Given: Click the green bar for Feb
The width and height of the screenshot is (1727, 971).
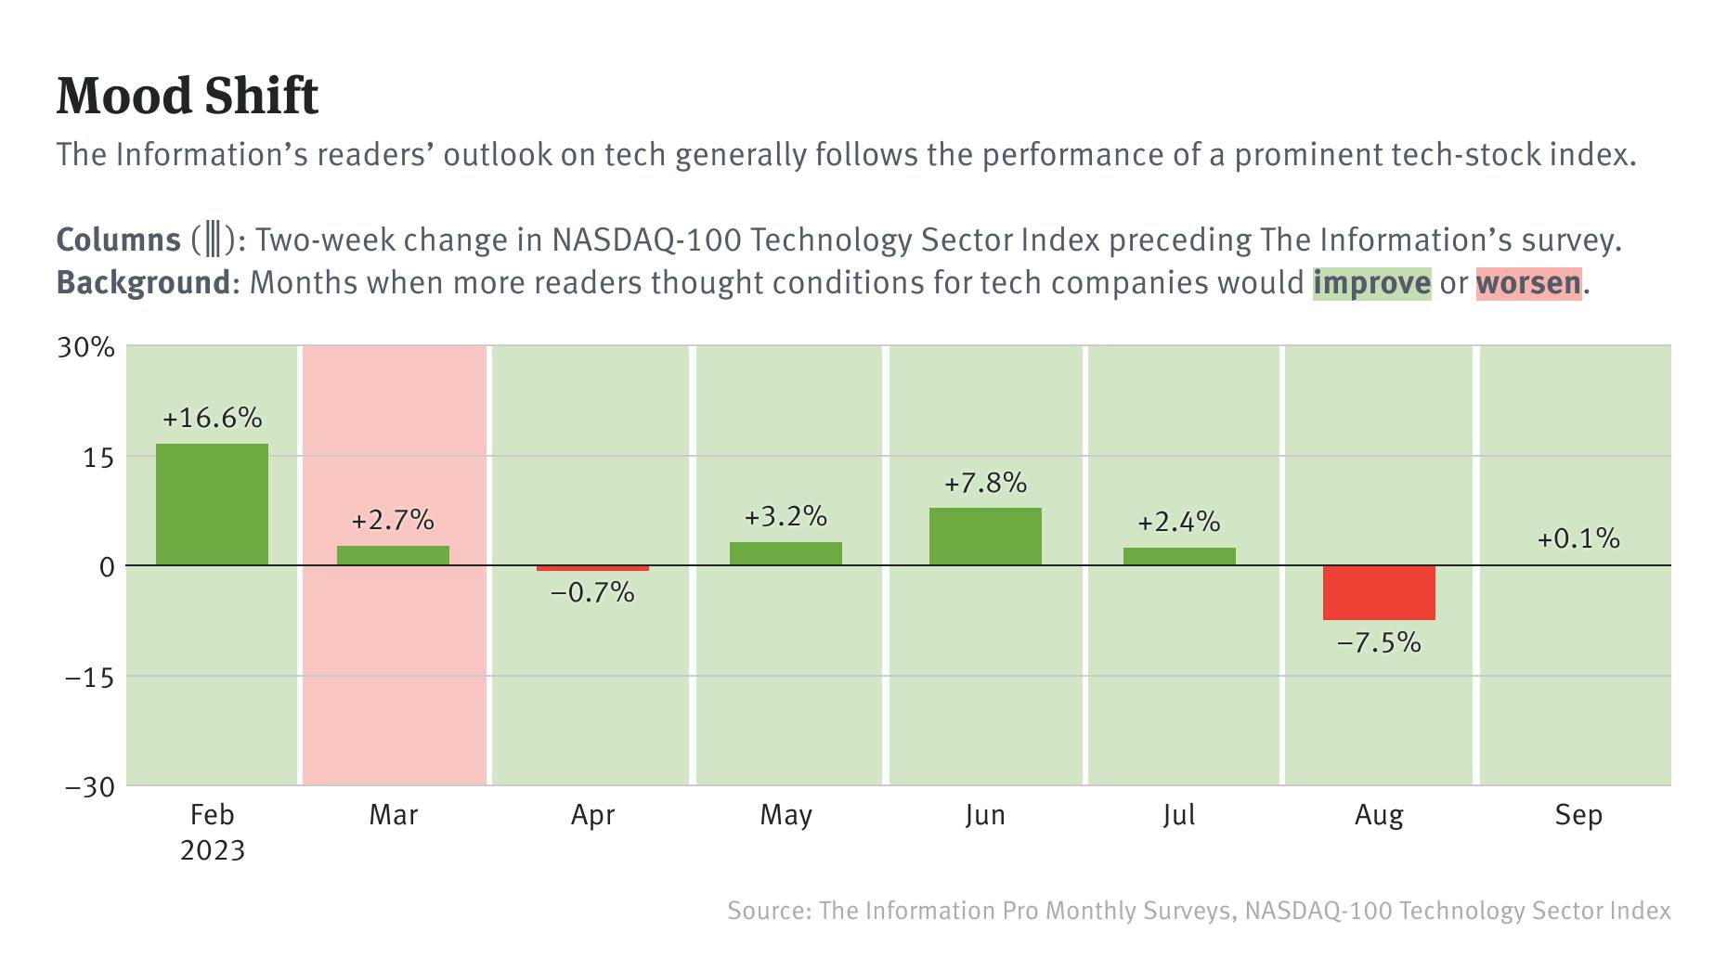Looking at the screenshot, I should (212, 504).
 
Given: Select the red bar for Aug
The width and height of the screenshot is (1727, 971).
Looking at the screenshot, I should (1379, 593).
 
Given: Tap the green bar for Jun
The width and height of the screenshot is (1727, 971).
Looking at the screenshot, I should (985, 537).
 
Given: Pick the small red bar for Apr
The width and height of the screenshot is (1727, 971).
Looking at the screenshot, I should (592, 568).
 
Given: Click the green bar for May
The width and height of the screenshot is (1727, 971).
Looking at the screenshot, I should (786, 553).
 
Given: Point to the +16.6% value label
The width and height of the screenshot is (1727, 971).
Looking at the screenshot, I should (212, 418).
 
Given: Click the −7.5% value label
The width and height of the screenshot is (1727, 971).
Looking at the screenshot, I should (1379, 642).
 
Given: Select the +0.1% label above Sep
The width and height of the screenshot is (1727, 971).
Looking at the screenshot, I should (1578, 538).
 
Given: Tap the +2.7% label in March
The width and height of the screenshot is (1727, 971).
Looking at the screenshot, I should (393, 520).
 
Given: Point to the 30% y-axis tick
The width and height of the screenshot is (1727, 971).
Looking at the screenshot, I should (86, 348).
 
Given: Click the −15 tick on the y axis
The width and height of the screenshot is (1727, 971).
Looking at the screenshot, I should (89, 678).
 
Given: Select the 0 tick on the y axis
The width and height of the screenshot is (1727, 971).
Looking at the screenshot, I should (106, 567).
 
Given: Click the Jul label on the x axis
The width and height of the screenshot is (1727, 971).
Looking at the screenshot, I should (1178, 815).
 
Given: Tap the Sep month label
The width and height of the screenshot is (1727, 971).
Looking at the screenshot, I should (1578, 815).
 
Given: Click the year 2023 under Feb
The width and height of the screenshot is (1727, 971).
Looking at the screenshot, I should (212, 850).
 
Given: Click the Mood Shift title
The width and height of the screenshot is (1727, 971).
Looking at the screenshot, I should (188, 96).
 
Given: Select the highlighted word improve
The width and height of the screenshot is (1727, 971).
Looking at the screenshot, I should (1371, 282).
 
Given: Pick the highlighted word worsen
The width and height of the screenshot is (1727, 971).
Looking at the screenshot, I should (1527, 282).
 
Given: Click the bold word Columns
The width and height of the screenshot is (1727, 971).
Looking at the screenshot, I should (118, 240).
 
